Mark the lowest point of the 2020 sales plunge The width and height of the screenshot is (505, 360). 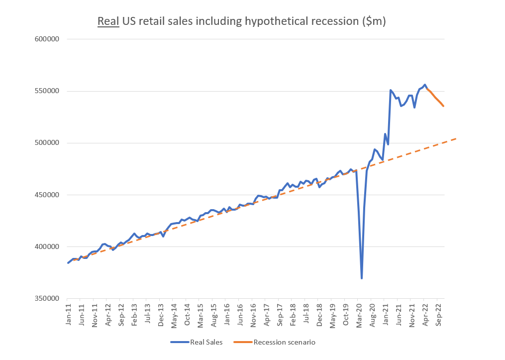[362, 278]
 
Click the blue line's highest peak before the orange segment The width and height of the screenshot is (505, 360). [424, 85]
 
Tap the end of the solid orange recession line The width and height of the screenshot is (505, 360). [443, 106]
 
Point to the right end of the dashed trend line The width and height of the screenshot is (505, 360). [456, 138]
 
